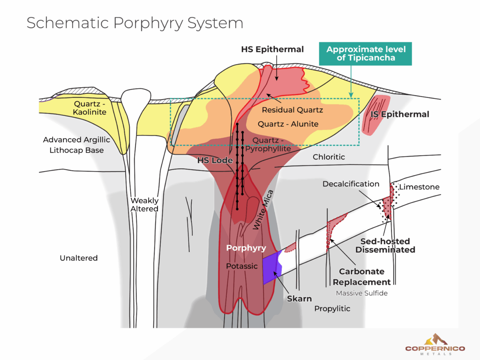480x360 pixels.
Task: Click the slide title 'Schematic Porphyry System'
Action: click(135, 23)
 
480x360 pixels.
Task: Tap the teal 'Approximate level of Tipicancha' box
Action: click(366, 54)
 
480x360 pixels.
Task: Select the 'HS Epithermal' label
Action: click(272, 49)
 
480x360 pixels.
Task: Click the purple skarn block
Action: click(271, 270)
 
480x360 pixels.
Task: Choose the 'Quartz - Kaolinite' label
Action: click(90, 108)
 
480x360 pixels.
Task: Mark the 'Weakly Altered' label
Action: click(144, 205)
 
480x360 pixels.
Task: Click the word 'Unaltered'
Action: click(79, 258)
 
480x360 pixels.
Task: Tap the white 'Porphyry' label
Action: click(246, 248)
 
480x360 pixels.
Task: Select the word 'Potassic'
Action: click(242, 266)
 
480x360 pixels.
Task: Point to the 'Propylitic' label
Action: click(332, 308)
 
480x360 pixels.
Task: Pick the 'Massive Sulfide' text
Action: click(361, 293)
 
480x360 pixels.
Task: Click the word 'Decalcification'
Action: click(351, 184)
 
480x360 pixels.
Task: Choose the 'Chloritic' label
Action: click(329, 157)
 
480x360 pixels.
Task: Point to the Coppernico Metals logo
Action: click(435, 344)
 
